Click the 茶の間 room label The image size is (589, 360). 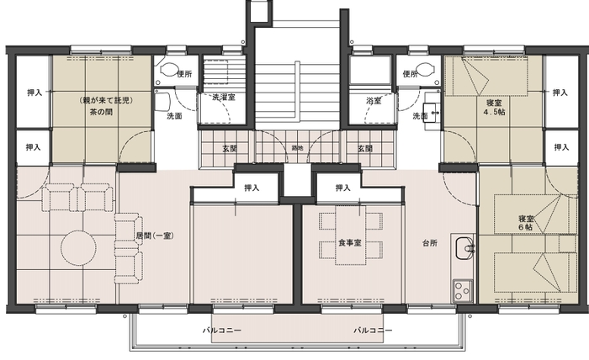[102, 110]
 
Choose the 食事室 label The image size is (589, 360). [349, 242]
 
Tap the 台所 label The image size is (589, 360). [428, 242]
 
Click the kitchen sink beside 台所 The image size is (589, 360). [464, 249]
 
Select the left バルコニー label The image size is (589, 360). [222, 331]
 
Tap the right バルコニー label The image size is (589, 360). [373, 331]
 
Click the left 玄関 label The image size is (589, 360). [229, 148]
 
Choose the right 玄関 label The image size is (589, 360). [365, 148]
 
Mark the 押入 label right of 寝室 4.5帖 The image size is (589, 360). [560, 93]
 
